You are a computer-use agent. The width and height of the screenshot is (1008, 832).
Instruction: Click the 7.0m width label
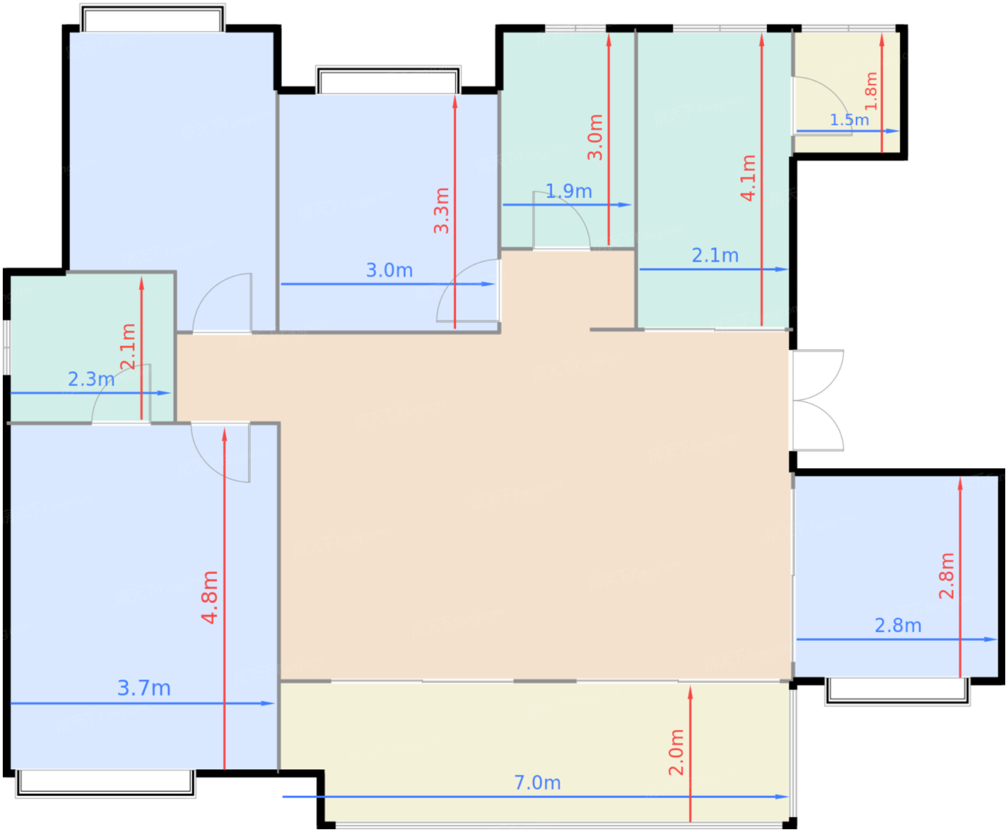537,782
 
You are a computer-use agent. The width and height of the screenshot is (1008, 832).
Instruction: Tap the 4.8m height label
210,596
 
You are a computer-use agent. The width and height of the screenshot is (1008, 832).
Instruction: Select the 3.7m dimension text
144,688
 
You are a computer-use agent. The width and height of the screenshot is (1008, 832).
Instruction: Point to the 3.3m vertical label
441,210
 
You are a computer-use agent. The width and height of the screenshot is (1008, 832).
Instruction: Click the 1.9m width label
568,191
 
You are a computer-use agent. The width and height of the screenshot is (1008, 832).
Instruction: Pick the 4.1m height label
748,178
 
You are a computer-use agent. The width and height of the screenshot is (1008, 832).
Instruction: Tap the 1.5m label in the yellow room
849,120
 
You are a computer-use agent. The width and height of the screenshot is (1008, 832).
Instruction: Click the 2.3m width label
91,379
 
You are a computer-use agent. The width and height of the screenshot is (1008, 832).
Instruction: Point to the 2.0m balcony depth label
676,752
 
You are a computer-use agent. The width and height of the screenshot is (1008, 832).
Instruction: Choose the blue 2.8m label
898,625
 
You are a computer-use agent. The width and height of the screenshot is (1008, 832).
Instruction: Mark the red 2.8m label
947,576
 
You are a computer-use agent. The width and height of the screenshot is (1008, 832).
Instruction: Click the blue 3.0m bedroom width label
389,270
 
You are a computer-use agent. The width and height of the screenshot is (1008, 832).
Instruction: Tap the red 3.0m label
595,137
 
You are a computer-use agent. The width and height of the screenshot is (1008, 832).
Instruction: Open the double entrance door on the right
817,400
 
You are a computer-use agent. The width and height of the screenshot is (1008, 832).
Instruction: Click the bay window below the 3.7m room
106,783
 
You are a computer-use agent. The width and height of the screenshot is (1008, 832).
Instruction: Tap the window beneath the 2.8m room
896,690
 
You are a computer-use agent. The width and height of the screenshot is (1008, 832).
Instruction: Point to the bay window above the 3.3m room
388,81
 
